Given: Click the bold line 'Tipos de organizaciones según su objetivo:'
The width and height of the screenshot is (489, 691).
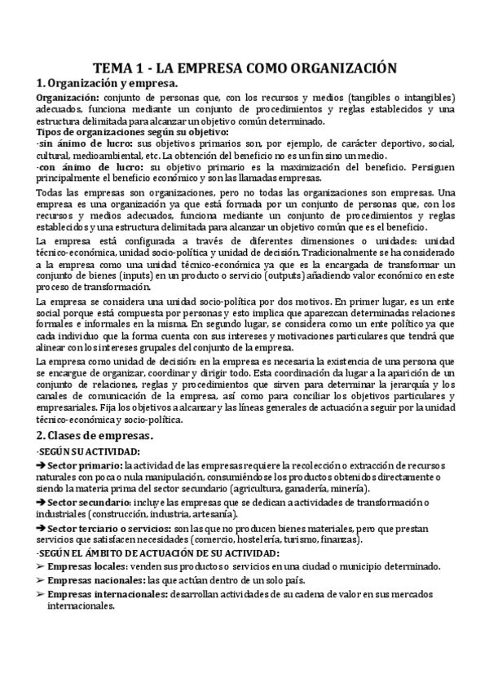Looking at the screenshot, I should (132, 132).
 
